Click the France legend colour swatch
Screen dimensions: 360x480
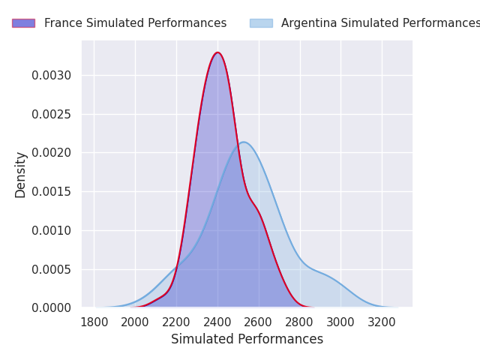[23, 23]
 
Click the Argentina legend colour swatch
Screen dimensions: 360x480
[261, 23]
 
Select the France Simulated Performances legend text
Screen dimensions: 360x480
[135, 23]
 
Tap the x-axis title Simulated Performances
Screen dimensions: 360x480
[247, 340]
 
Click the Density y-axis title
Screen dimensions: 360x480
[21, 175]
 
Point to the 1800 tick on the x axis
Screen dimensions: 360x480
[94, 322]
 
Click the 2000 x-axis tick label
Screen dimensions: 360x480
[135, 322]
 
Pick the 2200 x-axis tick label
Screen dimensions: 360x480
[176, 322]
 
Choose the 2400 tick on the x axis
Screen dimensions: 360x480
[217, 322]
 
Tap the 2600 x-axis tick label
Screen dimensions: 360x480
[259, 322]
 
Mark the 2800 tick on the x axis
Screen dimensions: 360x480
[300, 322]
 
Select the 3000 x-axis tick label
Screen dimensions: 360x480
[340, 322]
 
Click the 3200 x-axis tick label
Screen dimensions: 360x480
[382, 322]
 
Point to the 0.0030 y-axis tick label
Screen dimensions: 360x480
[51, 75]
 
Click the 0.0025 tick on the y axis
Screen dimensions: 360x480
[51, 114]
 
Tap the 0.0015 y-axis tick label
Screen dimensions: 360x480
[51, 191]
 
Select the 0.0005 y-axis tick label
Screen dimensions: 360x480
[51, 269]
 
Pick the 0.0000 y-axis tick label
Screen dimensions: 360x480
[51, 307]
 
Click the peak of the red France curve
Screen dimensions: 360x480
[217, 52]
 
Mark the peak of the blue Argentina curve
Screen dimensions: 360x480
[243, 142]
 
